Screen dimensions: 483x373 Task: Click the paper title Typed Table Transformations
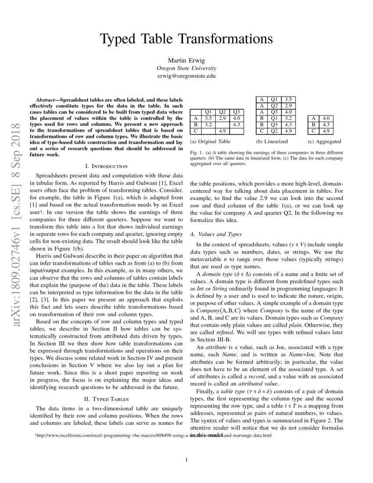[186, 39]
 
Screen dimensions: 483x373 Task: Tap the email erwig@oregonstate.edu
[186, 76]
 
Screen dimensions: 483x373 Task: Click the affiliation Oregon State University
[186, 68]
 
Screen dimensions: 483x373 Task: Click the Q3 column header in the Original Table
[237, 112]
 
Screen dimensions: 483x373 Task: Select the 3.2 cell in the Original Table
[209, 124]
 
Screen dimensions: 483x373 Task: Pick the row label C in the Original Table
[195, 131]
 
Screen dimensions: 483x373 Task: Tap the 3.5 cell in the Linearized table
[288, 99]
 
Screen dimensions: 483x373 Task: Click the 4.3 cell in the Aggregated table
[326, 124]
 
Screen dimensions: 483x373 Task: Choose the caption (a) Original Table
[210, 142]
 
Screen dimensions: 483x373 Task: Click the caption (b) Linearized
[272, 142]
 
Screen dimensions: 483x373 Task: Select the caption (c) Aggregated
[324, 142]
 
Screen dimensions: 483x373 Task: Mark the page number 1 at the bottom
[186, 460]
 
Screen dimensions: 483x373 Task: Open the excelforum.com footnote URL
[154, 436]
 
